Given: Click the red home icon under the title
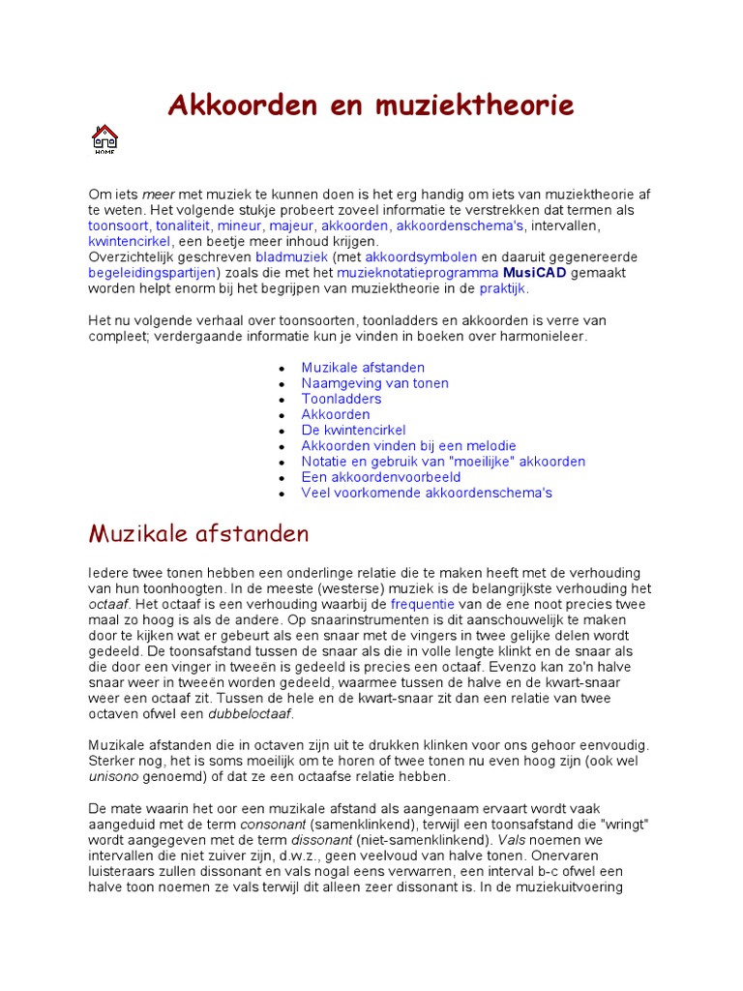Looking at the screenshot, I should [x=104, y=139].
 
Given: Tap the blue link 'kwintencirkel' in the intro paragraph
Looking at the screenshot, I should [x=130, y=241].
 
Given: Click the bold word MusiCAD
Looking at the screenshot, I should [x=535, y=273].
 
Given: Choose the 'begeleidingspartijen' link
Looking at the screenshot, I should [x=151, y=273].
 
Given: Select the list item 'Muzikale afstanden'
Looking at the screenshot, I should [x=363, y=368].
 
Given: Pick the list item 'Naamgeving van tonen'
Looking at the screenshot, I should [x=374, y=383].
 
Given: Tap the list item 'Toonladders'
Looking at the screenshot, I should [x=342, y=399].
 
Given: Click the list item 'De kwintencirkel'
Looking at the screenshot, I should [x=353, y=430].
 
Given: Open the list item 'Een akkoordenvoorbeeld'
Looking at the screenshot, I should [x=380, y=477].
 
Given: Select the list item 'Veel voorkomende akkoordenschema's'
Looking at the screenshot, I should [x=427, y=493].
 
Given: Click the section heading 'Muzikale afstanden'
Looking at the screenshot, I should [x=198, y=533].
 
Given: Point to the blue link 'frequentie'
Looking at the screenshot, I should [x=423, y=604].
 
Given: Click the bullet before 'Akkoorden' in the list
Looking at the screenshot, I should [x=282, y=415].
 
